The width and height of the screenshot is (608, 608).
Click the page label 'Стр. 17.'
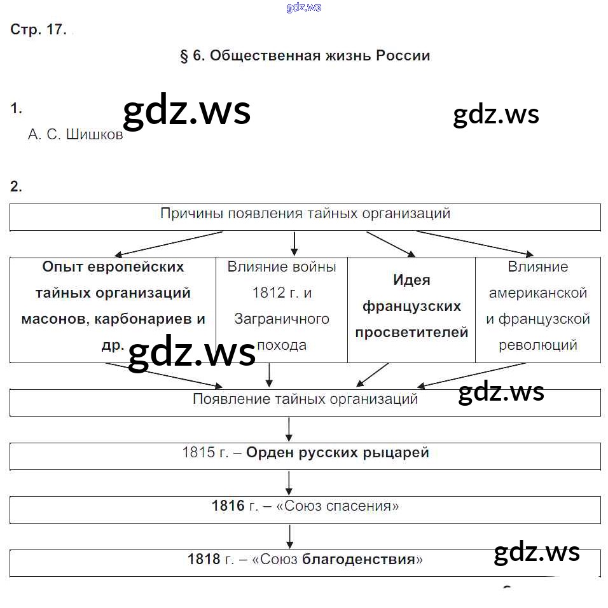click(x=38, y=30)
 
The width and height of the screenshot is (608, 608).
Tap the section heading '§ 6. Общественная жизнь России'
click(x=305, y=56)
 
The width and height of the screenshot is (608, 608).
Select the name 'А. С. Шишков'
click(x=75, y=135)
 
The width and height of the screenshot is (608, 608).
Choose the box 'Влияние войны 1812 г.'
click(x=282, y=306)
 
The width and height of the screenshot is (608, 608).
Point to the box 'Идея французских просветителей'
click(x=411, y=306)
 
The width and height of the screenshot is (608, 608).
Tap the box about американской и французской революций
click(x=538, y=306)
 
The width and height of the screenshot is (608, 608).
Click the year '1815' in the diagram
click(x=196, y=453)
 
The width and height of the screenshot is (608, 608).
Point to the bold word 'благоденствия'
click(x=359, y=560)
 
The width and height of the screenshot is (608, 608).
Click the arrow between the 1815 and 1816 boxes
click(x=289, y=483)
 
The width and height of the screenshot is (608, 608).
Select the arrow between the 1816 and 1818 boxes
click(x=289, y=536)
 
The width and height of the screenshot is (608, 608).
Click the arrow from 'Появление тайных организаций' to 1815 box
click(x=289, y=429)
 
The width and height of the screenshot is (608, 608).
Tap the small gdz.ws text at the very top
click(x=304, y=7)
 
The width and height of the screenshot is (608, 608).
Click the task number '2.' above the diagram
click(x=16, y=186)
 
